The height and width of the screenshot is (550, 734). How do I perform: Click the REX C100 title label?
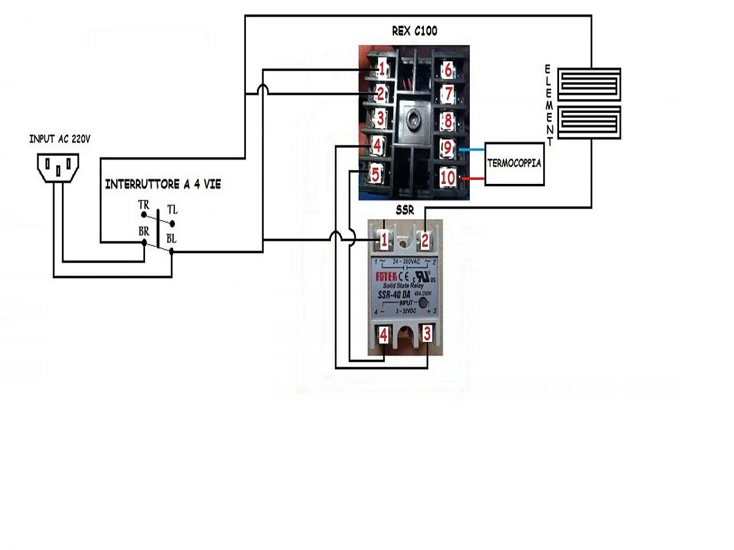coord(414,31)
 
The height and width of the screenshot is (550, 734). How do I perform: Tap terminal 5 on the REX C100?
coord(376,175)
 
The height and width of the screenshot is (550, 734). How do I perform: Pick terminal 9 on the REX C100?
coord(447,148)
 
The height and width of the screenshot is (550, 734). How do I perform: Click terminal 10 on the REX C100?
coord(447,178)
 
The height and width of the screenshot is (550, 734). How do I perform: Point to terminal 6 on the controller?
coord(448,70)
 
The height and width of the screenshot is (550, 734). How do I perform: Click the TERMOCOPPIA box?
coord(514,164)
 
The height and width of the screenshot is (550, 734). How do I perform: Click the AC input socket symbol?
coord(59,166)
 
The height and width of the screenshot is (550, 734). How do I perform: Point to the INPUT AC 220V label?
coord(60,139)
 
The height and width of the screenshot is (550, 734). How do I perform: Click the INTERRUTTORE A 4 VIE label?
coord(163,184)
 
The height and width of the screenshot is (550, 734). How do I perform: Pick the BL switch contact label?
coord(171,239)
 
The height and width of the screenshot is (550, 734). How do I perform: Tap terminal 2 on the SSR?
coord(424,240)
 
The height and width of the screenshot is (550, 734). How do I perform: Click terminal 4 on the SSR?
coord(384,335)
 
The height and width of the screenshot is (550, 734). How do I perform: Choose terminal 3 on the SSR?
coord(427,334)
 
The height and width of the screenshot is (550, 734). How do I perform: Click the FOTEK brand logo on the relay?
coord(386,277)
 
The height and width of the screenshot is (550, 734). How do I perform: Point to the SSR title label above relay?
coord(405,211)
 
